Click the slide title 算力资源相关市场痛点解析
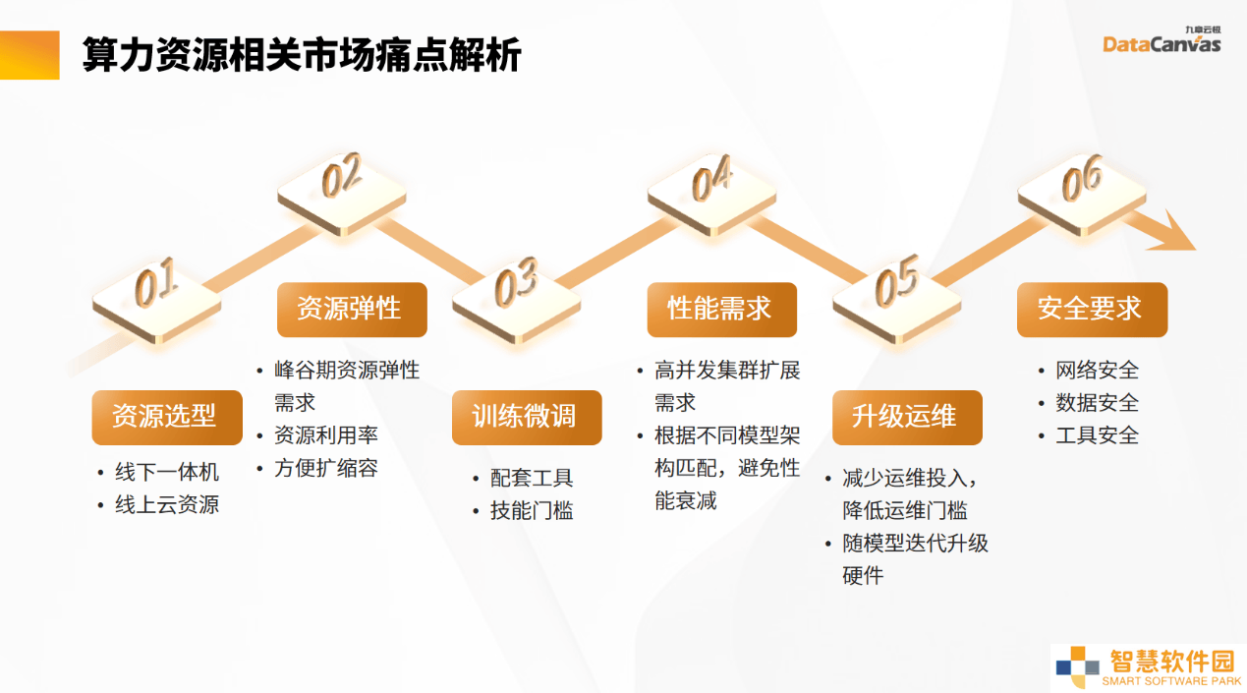coord(301,55)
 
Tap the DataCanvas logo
coord(1162,40)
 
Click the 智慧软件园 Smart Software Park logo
coord(1149,667)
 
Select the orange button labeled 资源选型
coord(167,417)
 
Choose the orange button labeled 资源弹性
coord(352,310)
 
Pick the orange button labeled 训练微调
coord(527,417)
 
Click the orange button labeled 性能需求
coord(722,310)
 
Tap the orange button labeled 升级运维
coord(907,417)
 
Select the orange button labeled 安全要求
coord(1093,310)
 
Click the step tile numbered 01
coord(156,302)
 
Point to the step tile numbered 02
coord(342,195)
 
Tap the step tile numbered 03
coord(517,302)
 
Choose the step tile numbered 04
coord(712,195)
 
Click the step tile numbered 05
coord(897,302)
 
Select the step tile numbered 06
coord(1082,195)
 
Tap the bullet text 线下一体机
coord(167,472)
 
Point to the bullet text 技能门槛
coord(532,510)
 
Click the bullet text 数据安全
coord(1098,402)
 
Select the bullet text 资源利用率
coord(325,435)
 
